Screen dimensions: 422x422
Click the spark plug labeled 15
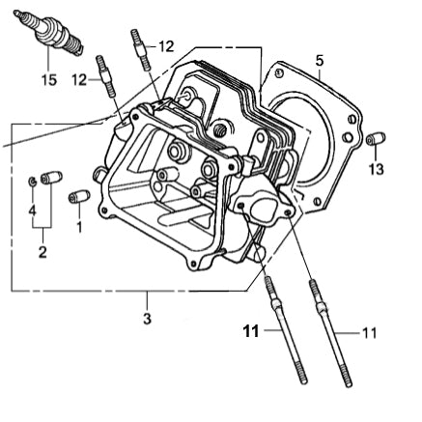point(49,33)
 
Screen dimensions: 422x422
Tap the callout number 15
point(49,80)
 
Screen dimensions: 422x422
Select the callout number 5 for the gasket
point(320,61)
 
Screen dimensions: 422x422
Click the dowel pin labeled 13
point(376,138)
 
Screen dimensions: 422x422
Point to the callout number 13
point(377,169)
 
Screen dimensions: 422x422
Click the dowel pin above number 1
point(79,196)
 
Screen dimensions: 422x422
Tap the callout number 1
point(79,227)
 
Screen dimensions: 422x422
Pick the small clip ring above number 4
point(32,181)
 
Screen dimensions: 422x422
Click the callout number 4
point(32,211)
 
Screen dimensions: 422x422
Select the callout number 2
point(42,252)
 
